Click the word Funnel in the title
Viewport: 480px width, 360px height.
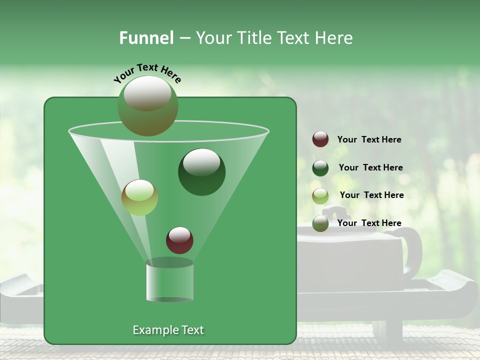point(146,38)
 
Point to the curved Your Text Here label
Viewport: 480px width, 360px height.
point(147,73)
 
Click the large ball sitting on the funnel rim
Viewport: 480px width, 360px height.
point(148,105)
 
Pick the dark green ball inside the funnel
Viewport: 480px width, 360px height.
point(201,172)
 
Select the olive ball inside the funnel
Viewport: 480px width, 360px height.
point(139,197)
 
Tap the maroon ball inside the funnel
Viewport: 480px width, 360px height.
point(179,240)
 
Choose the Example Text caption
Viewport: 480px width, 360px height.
point(168,330)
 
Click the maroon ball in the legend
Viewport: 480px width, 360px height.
point(320,139)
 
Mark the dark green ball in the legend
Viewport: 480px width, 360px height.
point(320,167)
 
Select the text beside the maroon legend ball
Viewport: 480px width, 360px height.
point(369,139)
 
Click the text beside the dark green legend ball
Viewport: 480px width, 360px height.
point(370,167)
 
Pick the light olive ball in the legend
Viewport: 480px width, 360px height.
point(320,195)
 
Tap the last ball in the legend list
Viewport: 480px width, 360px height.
point(320,223)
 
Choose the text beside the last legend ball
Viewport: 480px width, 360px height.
point(369,223)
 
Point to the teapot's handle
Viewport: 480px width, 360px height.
point(412,250)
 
